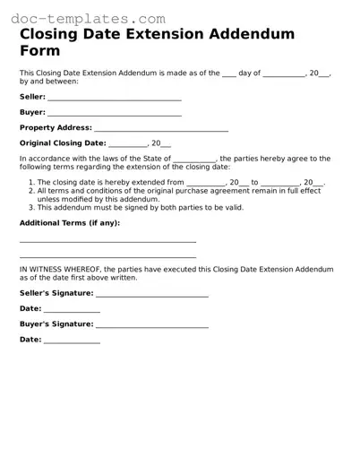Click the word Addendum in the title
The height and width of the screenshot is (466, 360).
pos(252,34)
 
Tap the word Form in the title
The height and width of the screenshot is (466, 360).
pos(40,51)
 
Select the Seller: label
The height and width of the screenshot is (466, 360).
pos(32,97)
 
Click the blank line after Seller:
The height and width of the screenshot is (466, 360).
pos(115,99)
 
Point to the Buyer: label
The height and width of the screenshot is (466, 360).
pos(32,113)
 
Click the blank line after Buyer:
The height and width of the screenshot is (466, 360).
pos(115,115)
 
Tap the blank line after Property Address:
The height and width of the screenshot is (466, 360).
pos(161,130)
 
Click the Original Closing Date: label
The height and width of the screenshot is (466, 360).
pos(63,143)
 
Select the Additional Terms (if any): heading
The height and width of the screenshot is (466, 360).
pos(69,222)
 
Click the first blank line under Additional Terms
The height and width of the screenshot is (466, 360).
pos(107,241)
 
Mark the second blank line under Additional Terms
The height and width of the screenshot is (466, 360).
pos(107,255)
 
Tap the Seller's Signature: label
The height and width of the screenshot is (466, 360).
pos(56,293)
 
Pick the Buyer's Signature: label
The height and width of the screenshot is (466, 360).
pos(56,324)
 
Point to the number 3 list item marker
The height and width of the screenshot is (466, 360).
pos(31,207)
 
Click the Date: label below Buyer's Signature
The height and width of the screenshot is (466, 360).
pos(30,340)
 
